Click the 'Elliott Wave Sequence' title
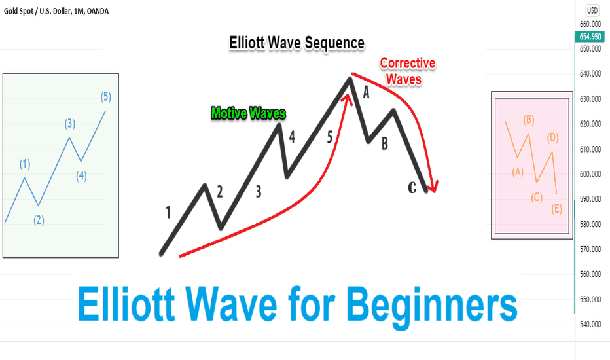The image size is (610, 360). tap(296, 43)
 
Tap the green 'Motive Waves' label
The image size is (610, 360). tap(248, 113)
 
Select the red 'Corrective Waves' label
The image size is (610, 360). tap(407, 71)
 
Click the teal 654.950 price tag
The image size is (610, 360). tap(590, 37)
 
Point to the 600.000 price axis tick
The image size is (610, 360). tap(590, 174)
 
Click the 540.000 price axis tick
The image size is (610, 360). tap(590, 324)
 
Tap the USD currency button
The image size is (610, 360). tap(592, 10)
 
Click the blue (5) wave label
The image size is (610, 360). tap(106, 96)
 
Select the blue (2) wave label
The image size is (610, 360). tap(39, 221)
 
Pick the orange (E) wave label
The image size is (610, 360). tap(557, 209)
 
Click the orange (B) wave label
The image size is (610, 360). tap(529, 120)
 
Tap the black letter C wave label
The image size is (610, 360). tap(412, 188)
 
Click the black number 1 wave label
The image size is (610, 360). tap(168, 213)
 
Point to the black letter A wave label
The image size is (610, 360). tap(366, 93)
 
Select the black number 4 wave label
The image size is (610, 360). tap(292, 137)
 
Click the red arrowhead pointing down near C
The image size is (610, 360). tap(433, 187)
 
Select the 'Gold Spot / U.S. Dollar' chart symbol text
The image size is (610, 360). tap(37, 11)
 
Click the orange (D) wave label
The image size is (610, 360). tap(553, 137)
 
